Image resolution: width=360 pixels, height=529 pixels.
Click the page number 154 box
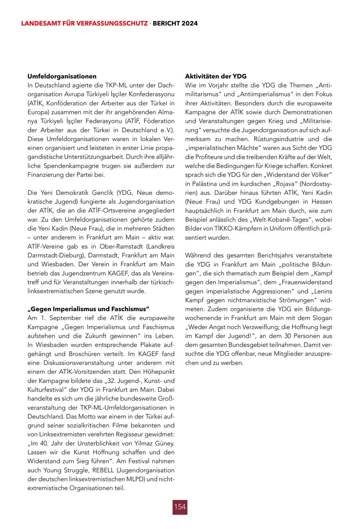click(180, 507)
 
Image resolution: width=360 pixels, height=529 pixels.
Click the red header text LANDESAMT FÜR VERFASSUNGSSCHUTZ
click(84, 24)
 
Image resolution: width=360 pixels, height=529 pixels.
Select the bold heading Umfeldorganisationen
click(62, 76)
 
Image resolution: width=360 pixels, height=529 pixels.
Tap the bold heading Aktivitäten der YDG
click(216, 76)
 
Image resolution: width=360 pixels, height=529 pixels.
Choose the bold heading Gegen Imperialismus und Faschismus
click(88, 309)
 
